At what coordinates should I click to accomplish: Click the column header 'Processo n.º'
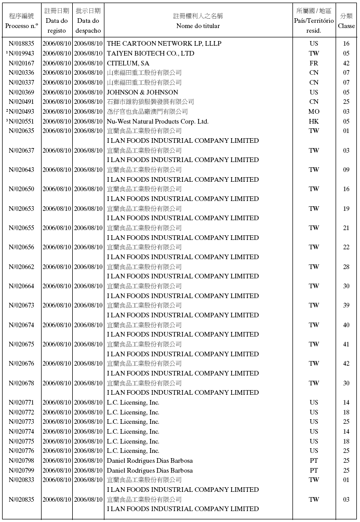pos(22,26)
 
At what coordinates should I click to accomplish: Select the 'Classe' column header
pos(346,26)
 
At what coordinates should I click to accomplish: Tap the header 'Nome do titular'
pos(198,26)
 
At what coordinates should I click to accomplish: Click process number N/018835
pos(22,44)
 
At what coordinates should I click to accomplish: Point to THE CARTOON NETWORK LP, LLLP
pos(164,44)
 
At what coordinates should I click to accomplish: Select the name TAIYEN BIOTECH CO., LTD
pos(151,53)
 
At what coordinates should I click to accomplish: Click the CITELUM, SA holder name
pos(128,63)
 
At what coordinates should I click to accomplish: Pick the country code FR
pos(314,63)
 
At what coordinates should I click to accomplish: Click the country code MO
pos(314,112)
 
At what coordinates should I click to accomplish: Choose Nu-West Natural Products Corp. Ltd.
pos(157,122)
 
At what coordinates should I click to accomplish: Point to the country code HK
pos(314,122)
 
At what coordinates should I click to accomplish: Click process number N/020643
pos(22,170)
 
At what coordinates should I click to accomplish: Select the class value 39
pos(346,305)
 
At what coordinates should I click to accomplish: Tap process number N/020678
pos(22,383)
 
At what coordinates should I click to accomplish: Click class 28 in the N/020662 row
pos(346,267)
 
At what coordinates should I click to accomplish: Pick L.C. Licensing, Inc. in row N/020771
pos(133,403)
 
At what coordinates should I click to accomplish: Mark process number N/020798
pos(22,461)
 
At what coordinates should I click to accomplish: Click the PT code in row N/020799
pos(314,471)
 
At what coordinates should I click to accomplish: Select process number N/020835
pos(22,500)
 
